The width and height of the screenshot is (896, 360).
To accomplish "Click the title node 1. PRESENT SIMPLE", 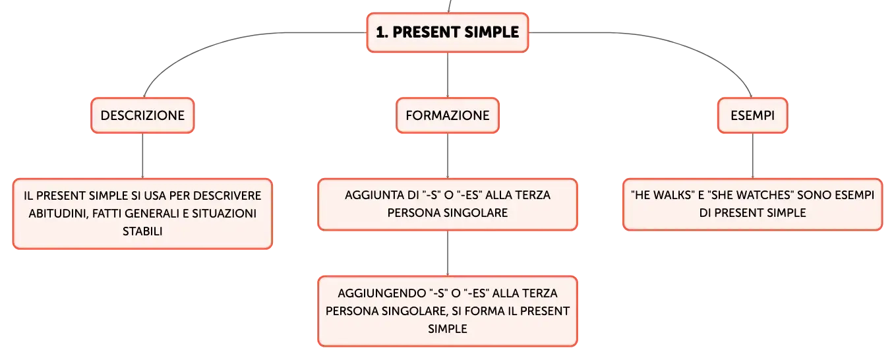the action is [x=448, y=32].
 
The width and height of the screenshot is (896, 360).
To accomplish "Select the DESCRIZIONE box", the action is [x=142, y=115].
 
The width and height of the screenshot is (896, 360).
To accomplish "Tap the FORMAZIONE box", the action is [x=448, y=115].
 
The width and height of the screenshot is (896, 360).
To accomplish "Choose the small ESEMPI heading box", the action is [x=752, y=115].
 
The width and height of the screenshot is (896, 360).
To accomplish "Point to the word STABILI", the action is [x=142, y=231].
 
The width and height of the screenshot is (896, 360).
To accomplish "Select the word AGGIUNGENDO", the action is [x=382, y=293].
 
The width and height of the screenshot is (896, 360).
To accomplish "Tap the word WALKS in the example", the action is [x=672, y=195].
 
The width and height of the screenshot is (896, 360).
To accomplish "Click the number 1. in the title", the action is [x=382, y=32].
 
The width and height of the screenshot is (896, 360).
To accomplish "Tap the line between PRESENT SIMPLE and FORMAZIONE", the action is [x=448, y=75].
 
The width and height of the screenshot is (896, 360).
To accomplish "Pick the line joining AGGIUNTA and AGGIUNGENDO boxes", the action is [x=448, y=253].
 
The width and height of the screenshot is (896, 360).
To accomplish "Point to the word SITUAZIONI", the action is [x=224, y=214].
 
